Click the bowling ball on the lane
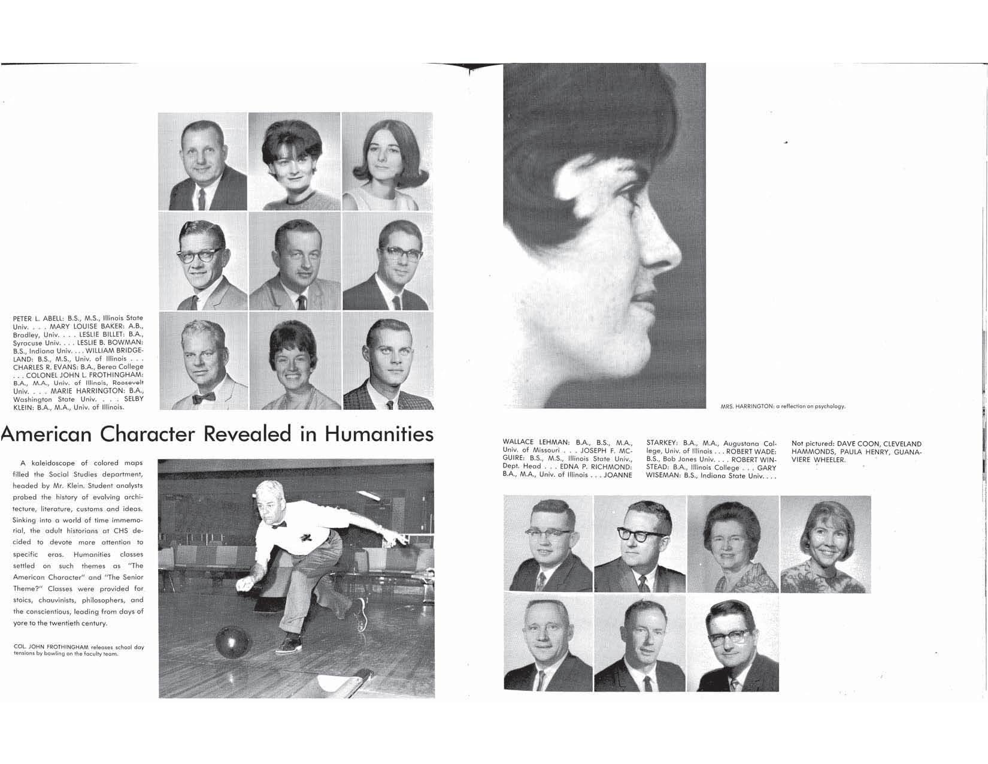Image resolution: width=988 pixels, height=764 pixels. coord(231,643)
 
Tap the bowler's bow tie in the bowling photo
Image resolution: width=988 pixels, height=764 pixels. coord(278,524)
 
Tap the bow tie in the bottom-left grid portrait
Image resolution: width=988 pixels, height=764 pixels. coord(204,397)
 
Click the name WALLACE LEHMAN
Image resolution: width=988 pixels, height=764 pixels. coord(536,442)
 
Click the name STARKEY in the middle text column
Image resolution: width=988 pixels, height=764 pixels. coord(662,443)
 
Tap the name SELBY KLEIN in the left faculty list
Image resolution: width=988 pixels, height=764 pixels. coord(134,399)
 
